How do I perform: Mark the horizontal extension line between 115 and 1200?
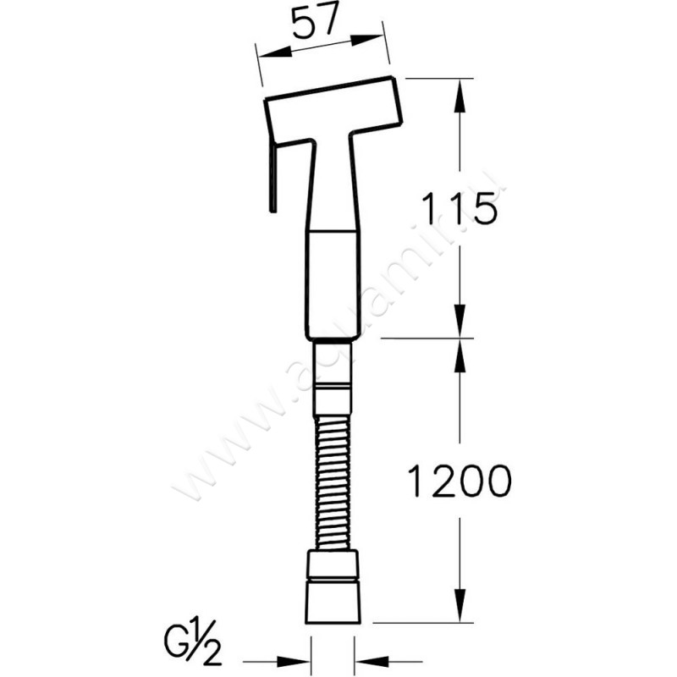click(x=423, y=339)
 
